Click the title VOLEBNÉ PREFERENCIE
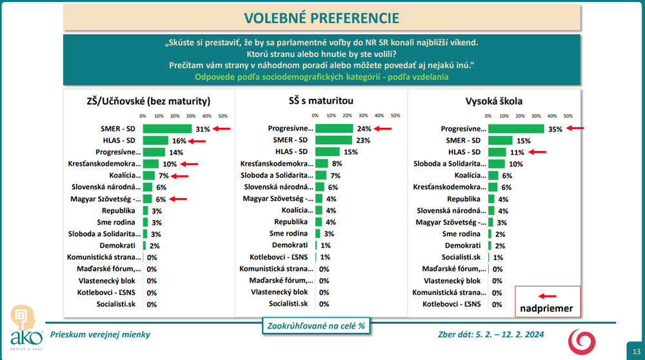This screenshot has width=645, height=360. click(x=322, y=17)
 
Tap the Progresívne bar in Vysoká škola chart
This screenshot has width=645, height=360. click(x=516, y=128)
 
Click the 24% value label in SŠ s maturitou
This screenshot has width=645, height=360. click(x=364, y=129)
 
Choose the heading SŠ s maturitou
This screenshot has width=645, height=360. click(x=321, y=101)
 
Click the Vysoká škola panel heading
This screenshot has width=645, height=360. click(x=494, y=101)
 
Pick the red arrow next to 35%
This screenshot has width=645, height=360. click(x=575, y=128)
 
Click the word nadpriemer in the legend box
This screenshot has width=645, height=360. click(x=548, y=308)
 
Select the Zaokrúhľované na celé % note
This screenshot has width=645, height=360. click(x=315, y=326)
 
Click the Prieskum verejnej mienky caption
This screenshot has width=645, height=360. click(x=100, y=334)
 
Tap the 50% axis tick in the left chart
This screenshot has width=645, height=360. click(x=223, y=116)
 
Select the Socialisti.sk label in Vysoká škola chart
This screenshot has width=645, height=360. click(x=459, y=257)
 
